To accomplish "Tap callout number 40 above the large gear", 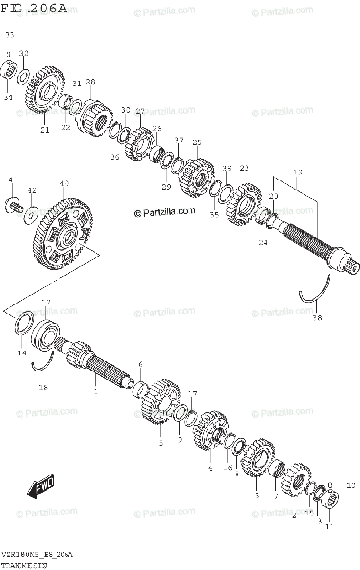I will [65, 183].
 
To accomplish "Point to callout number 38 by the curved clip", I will [317, 318].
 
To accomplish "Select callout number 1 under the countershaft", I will [95, 391].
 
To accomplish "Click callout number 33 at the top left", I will [9, 35].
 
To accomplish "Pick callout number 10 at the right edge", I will [351, 485].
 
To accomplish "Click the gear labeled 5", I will [161, 401].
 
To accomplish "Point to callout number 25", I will [197, 142].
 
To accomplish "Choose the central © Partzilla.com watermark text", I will [165, 212].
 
